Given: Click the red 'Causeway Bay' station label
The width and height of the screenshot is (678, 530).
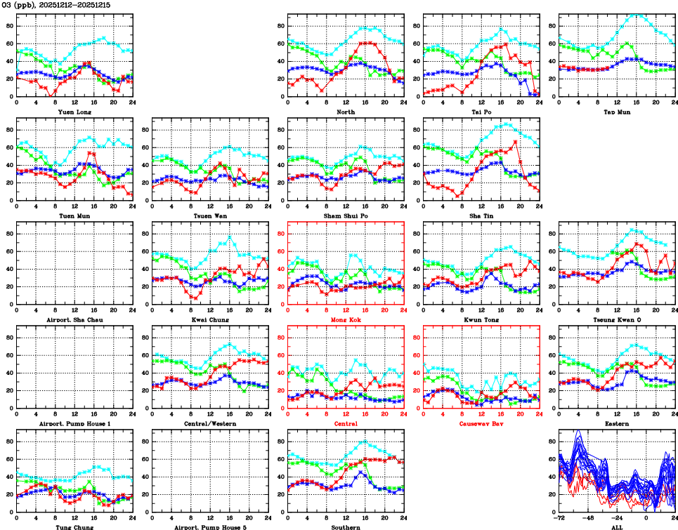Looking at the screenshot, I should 481,423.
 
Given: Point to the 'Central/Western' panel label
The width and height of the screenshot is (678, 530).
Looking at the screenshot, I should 209,423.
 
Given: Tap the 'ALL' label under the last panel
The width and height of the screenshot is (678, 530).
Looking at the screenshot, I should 616,526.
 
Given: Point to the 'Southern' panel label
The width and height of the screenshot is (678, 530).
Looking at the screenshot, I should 345,526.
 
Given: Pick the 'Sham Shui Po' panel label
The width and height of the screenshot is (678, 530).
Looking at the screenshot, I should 345,216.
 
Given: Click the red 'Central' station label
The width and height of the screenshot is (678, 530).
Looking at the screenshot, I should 345,423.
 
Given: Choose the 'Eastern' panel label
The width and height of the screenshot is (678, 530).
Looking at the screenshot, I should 616,423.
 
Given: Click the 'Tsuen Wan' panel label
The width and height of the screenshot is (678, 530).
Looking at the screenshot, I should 209,216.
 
